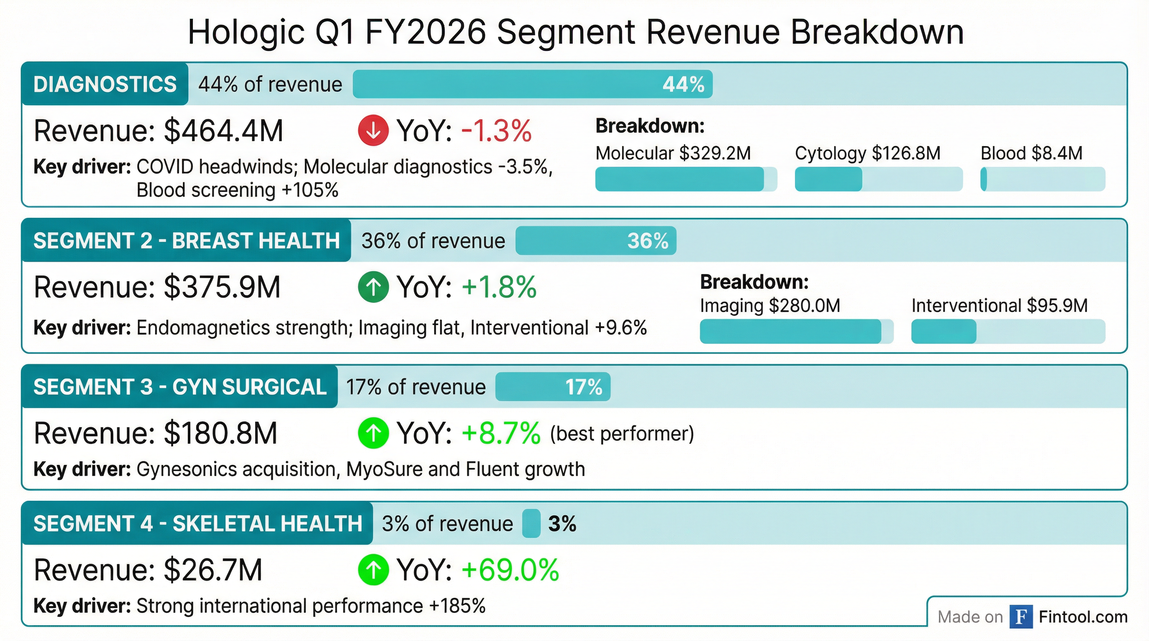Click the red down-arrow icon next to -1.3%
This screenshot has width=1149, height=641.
(x=373, y=130)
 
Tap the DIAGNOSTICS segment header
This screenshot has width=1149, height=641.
(x=105, y=84)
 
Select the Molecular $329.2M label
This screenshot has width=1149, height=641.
(x=673, y=153)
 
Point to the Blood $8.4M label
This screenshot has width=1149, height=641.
(x=1031, y=153)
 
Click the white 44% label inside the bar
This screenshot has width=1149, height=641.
(x=683, y=84)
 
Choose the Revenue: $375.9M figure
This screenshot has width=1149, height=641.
(x=157, y=287)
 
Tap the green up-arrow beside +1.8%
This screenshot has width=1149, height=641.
(x=373, y=287)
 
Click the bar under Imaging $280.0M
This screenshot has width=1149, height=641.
(x=796, y=331)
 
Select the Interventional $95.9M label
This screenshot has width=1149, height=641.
(x=999, y=306)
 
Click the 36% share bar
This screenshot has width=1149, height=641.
(x=595, y=241)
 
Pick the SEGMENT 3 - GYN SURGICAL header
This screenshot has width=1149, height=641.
(x=180, y=386)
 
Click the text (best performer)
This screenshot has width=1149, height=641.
(x=622, y=434)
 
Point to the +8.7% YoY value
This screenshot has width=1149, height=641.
(x=501, y=433)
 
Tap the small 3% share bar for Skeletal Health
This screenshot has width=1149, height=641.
(x=531, y=523)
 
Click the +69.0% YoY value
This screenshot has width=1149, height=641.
(x=510, y=570)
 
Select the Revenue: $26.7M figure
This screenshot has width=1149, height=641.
(x=148, y=570)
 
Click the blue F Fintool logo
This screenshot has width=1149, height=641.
(x=1021, y=617)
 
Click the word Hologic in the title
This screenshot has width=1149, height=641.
(x=246, y=32)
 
